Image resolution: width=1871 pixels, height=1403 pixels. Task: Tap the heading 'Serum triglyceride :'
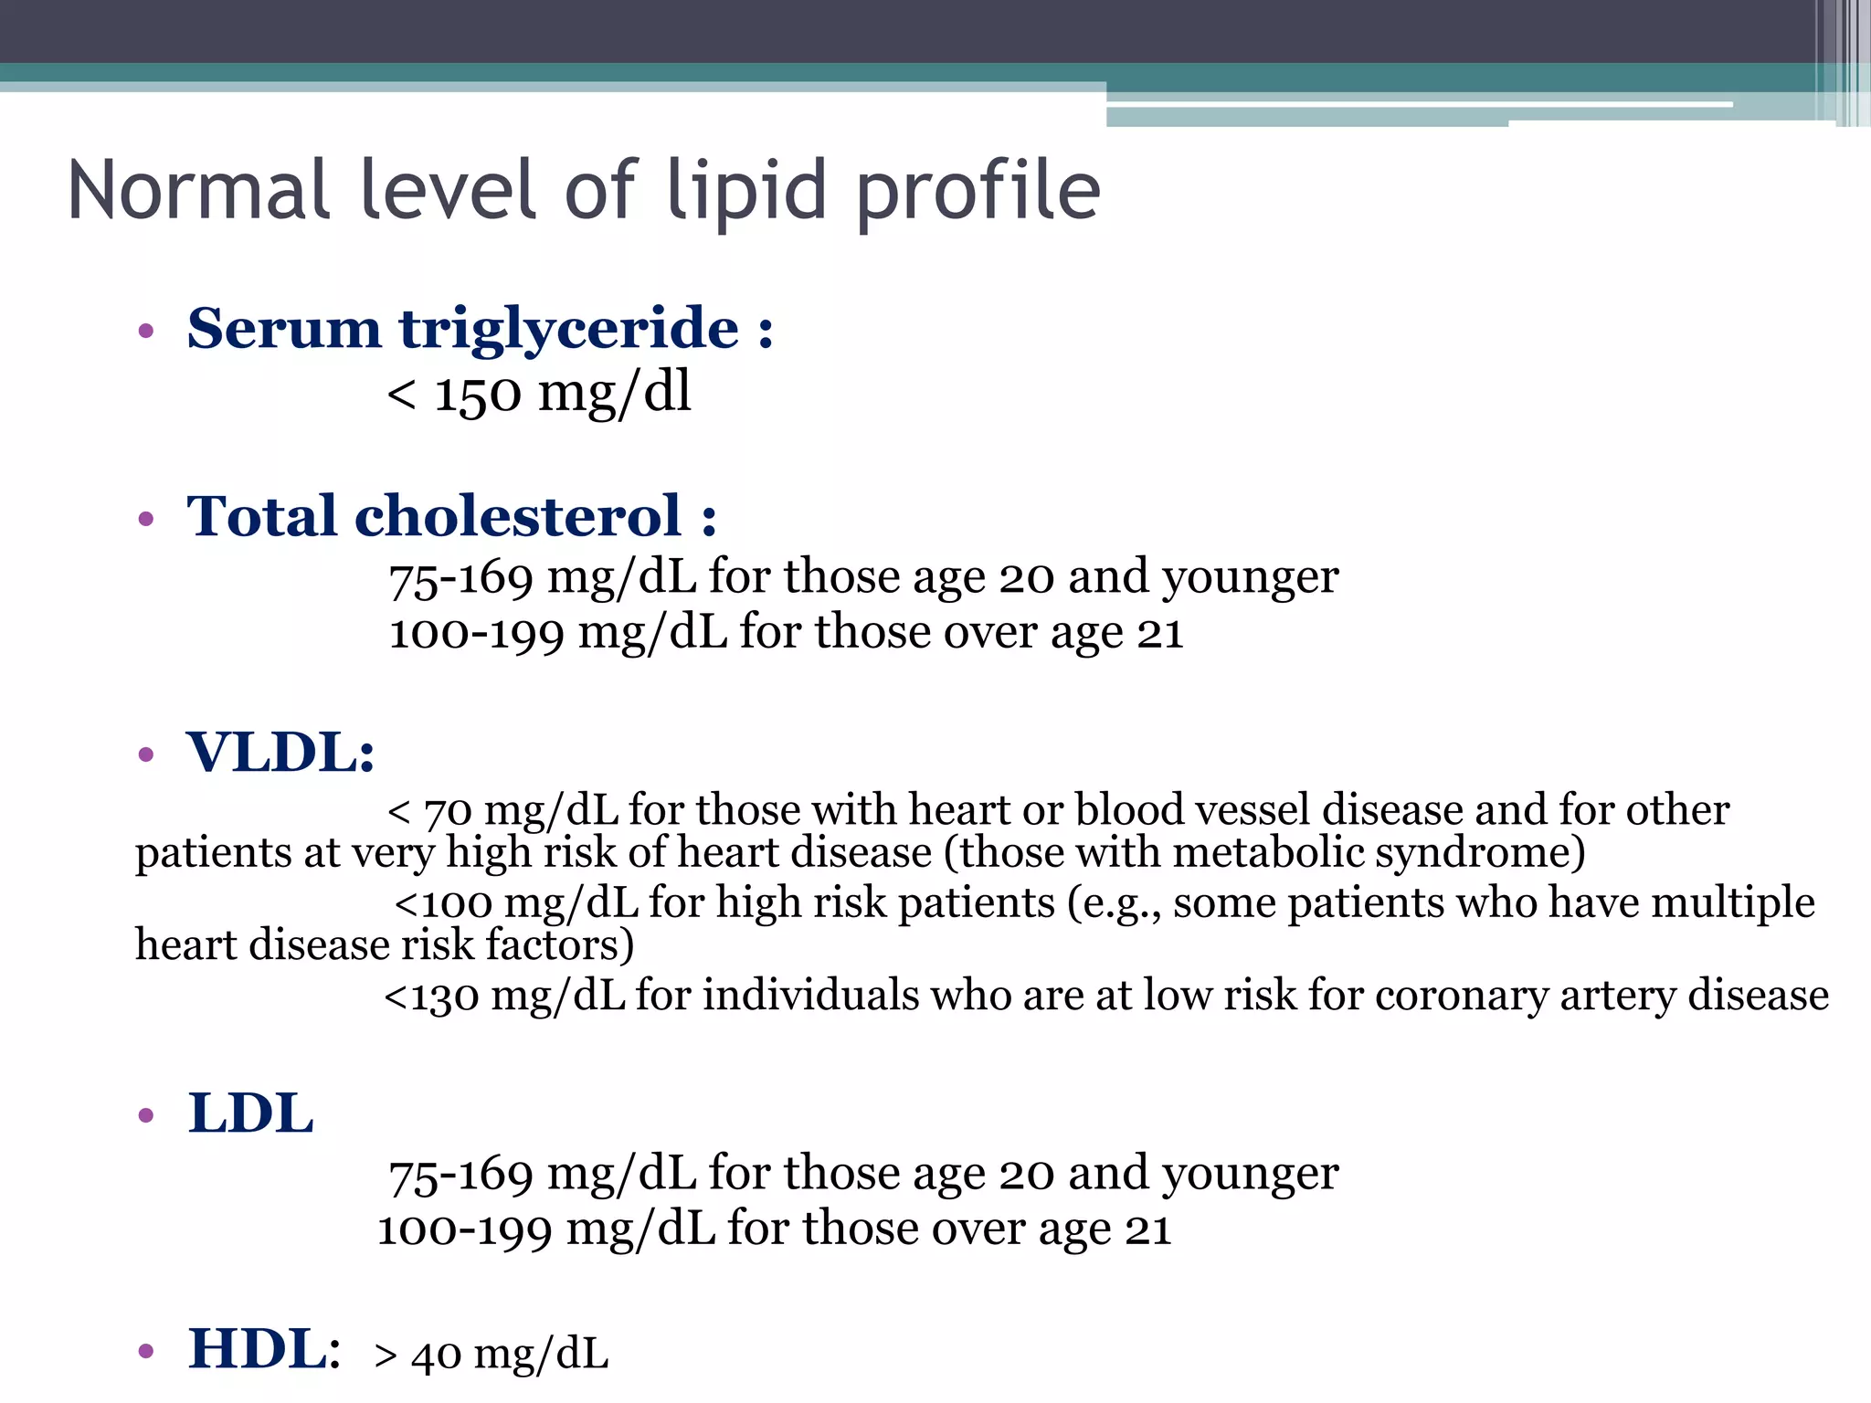click(480, 328)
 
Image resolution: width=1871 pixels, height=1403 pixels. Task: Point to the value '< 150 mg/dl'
click(539, 394)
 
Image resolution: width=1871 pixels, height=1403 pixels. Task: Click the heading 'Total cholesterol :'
click(451, 516)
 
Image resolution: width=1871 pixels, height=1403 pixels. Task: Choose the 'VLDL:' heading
click(280, 753)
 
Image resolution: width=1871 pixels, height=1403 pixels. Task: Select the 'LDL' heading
click(250, 1113)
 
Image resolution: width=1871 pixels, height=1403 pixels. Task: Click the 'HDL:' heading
click(264, 1349)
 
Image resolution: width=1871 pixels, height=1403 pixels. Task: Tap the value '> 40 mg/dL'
click(492, 1355)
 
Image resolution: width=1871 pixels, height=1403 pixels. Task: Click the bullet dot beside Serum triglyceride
click(146, 331)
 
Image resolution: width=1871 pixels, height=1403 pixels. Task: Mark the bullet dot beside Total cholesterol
click(146, 520)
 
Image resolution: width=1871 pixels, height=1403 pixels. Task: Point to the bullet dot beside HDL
click(146, 1351)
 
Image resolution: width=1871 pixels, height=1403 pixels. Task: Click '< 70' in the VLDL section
click(429, 811)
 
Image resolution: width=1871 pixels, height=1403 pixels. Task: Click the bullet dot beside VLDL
click(146, 755)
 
